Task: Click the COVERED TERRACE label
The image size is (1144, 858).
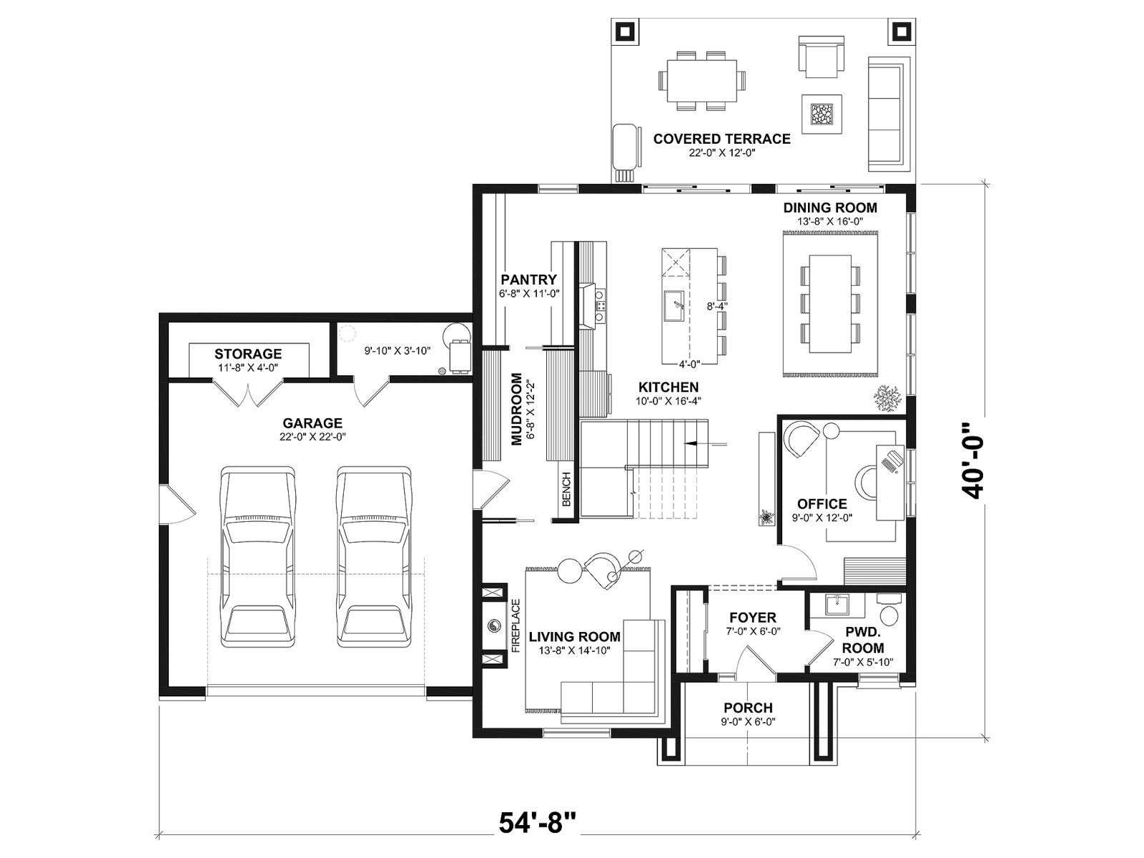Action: [x=721, y=139]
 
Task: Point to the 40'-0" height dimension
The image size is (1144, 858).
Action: [x=972, y=460]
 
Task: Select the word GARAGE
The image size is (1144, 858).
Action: [x=312, y=423]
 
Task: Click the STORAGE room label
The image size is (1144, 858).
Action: [x=248, y=354]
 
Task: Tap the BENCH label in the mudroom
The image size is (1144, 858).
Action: [x=566, y=489]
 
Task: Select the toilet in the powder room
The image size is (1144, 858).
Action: [x=887, y=611]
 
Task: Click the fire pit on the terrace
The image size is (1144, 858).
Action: [x=822, y=114]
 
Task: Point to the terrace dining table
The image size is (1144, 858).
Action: [x=702, y=81]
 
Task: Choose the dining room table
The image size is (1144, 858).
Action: [x=830, y=304]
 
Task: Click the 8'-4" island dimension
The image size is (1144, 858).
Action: [x=716, y=306]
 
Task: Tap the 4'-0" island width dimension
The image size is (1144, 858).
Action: [x=689, y=364]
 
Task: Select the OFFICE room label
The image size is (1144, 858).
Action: [x=822, y=504]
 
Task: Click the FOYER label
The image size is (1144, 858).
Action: [x=753, y=618]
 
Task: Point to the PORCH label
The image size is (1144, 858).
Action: [x=748, y=708]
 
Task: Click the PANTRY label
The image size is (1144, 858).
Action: [x=528, y=280]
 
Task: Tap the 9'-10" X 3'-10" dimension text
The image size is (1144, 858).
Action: [x=397, y=351]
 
